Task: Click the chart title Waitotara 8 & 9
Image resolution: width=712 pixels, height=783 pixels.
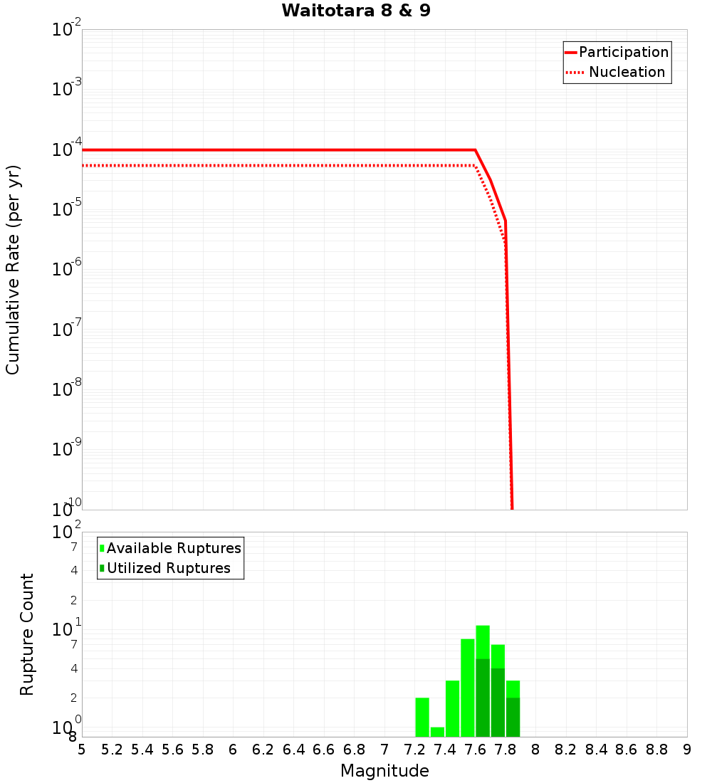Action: (x=356, y=11)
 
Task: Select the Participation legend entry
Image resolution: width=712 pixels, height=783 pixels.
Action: (x=623, y=52)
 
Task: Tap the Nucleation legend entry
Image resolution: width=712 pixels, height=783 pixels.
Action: (x=627, y=72)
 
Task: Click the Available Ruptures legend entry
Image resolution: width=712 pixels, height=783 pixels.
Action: (x=174, y=548)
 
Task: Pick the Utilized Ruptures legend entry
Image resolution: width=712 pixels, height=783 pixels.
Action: (x=168, y=568)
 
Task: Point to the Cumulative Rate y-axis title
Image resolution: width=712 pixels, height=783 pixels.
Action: (x=13, y=269)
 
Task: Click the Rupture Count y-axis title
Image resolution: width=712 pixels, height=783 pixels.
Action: (x=27, y=634)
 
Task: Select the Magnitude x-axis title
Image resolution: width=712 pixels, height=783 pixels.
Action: (x=384, y=771)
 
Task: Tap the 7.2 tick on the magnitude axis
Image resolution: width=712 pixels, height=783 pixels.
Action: (x=415, y=750)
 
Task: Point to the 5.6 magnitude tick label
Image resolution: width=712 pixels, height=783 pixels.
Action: (x=173, y=750)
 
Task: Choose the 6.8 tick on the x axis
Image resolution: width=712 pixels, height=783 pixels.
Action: (x=355, y=750)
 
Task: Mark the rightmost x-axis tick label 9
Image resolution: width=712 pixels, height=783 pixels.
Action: (x=687, y=750)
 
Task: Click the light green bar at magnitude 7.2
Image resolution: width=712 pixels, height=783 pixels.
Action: (x=422, y=718)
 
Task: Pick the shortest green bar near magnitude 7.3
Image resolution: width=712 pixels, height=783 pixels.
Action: (x=437, y=732)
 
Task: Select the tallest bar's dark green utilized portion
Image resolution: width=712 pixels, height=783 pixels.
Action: (x=483, y=698)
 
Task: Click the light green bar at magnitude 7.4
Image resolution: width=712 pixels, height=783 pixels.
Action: (x=452, y=709)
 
